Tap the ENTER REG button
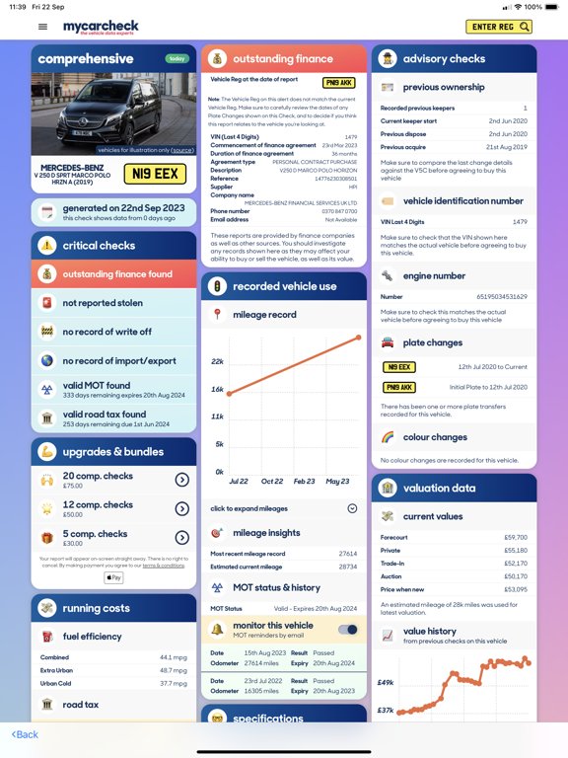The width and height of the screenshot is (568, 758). point(492,27)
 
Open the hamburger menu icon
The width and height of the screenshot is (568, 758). point(42,27)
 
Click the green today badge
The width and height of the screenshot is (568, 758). point(177,58)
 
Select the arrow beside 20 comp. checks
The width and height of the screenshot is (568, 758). point(181,480)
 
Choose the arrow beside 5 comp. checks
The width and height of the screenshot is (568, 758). point(181,538)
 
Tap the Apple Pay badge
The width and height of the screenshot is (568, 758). point(113,577)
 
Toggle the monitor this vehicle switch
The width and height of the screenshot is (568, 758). point(347,629)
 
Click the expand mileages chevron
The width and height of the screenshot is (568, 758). point(352,508)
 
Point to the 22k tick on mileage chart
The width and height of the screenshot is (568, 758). point(217,361)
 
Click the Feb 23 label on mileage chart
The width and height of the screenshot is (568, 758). point(304,482)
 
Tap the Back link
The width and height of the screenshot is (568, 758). point(25,734)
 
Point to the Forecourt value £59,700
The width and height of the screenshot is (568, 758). point(515,537)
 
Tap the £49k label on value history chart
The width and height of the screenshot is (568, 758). point(385,682)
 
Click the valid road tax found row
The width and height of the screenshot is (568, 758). point(114,418)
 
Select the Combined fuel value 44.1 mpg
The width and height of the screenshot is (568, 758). point(173,656)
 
